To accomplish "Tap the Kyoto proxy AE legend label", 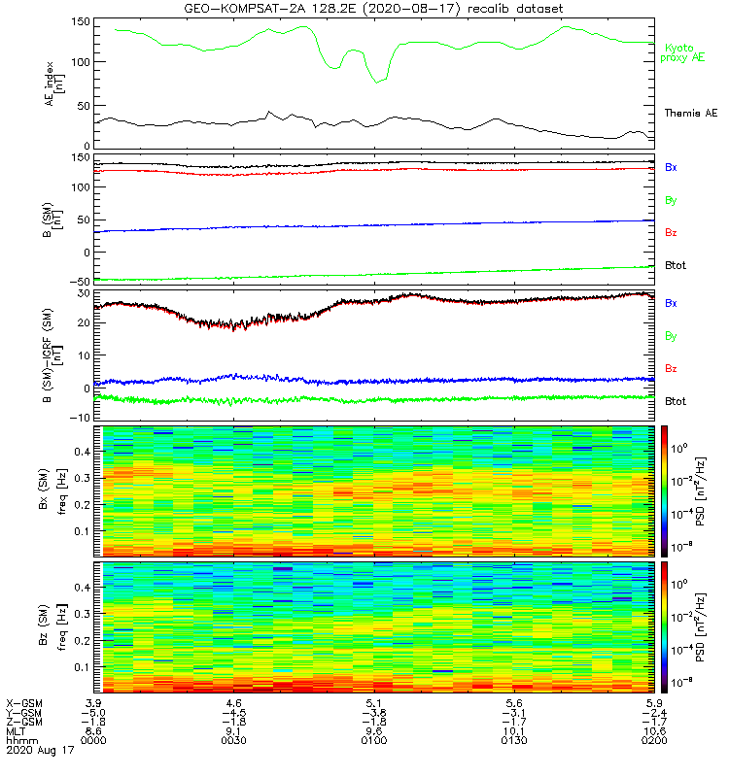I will tap(685, 52).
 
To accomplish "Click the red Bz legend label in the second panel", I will tap(671, 233).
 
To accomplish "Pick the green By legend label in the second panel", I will tap(671, 200).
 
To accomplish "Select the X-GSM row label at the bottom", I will tap(24, 702).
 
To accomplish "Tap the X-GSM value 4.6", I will tap(232, 702).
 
